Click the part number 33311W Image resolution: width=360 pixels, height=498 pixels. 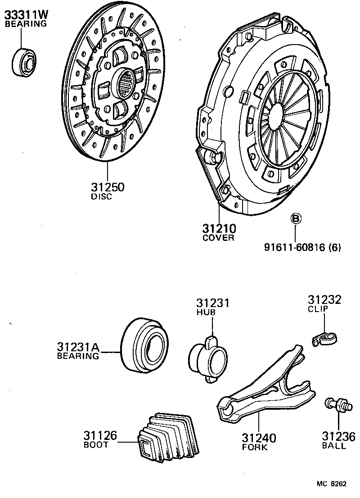click(26, 15)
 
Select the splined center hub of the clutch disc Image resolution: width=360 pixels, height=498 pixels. click(127, 84)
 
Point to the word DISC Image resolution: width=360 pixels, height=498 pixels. click(101, 197)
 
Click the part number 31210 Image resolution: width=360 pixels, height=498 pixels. click(219, 228)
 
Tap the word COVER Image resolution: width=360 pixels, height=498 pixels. click(219, 238)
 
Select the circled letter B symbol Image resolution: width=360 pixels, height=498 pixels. click(295, 219)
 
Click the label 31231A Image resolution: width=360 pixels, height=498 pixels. click(77, 347)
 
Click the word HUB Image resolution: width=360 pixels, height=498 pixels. click(206, 312)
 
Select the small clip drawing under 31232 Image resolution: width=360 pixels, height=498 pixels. click(325, 338)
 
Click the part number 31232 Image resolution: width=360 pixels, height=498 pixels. click(324, 300)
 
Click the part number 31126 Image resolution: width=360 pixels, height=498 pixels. click(100, 435)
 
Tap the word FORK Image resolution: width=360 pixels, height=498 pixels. click(255, 447)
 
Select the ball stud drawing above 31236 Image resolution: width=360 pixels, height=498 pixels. click(337, 404)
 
